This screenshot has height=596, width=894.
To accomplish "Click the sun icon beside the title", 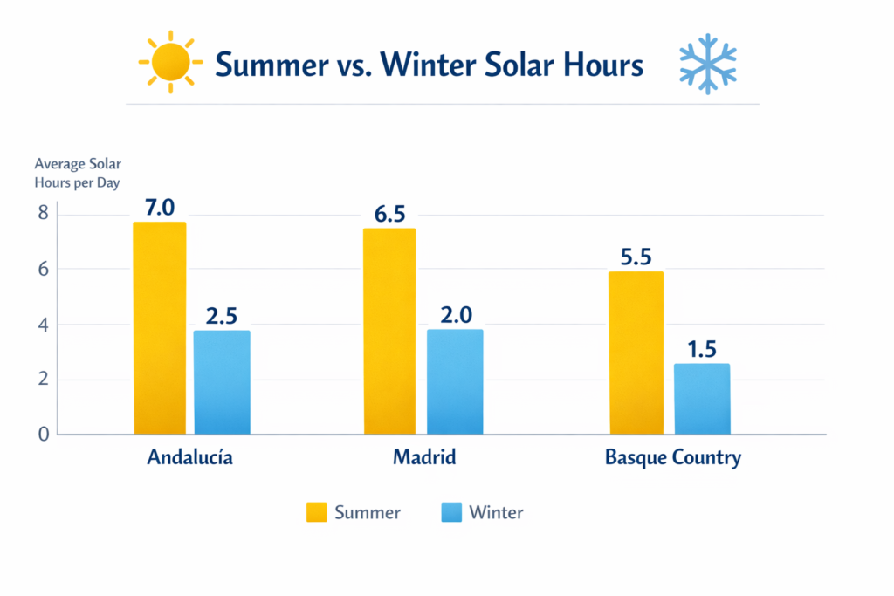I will point(170,63).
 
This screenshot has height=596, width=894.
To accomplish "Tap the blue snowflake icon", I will point(707,64).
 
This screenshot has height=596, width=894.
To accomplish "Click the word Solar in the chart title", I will point(509,65).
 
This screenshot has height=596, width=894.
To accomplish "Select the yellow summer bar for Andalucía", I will point(160,327).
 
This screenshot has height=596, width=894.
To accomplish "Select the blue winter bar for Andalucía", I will point(222,381).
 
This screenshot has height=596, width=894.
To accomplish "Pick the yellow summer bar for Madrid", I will point(389,331).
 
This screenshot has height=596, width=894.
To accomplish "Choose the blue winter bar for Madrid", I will point(454,381).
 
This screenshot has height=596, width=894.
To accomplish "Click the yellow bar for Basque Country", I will point(636,353).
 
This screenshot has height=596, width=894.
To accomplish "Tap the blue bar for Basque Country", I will point(702,399).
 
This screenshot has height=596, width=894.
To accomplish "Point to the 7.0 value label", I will point(160,208).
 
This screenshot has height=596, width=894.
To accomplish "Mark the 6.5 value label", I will point(389,214).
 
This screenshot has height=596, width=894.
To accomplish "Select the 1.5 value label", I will point(702,349).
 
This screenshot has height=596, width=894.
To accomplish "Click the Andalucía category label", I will point(190,457).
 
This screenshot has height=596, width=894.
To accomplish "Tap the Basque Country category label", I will point(672,457).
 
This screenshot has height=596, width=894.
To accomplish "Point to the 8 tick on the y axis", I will point(42,214).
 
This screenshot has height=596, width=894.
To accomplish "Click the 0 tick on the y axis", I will point(42,434).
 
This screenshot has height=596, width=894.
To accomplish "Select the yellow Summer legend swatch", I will point(316,512).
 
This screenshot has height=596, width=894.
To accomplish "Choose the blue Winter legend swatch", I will point(450,512).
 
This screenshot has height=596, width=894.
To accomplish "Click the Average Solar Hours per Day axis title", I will point(77,174).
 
